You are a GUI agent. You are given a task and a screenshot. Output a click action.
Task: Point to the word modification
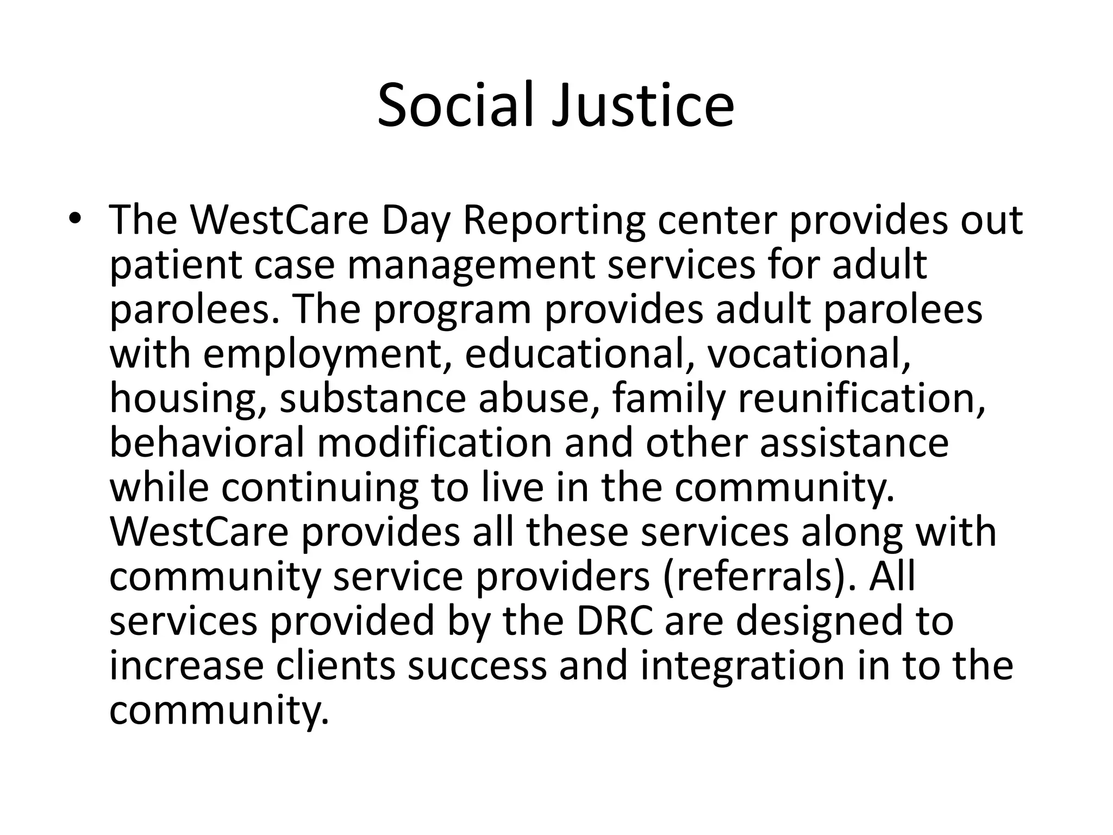tap(434, 443)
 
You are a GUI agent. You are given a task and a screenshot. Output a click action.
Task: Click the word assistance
tap(854, 443)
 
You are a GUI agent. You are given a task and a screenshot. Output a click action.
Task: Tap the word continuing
tap(320, 488)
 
